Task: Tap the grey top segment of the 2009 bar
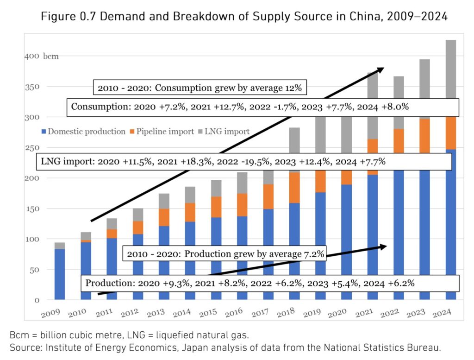tap(59, 246)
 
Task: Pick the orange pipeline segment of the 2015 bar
tap(217, 207)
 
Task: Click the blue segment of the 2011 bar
tap(112, 269)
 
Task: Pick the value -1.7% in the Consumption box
tap(283, 107)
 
